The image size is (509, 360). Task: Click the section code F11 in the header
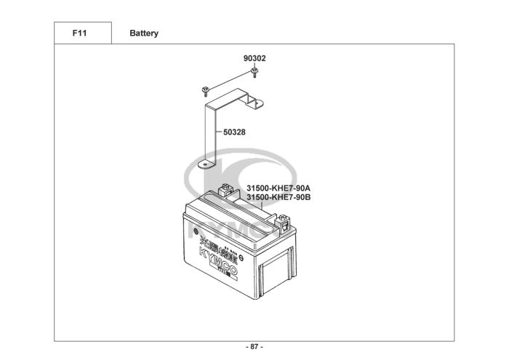[x=81, y=33]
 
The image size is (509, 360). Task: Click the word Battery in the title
[x=144, y=33]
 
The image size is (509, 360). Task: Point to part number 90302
[x=254, y=57]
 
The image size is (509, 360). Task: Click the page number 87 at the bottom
[x=254, y=347]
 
